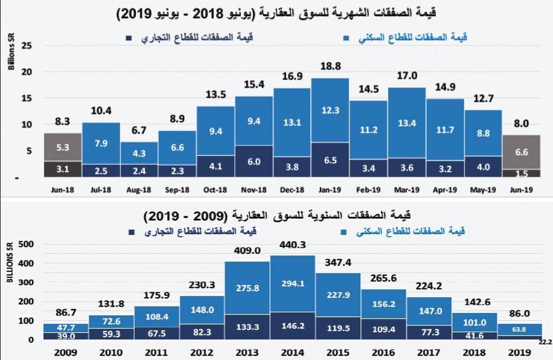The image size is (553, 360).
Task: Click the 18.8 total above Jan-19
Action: click(330, 67)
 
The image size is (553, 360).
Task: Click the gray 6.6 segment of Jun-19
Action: click(521, 153)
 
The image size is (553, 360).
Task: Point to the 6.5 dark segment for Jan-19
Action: click(330, 161)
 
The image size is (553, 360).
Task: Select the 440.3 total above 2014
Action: click(292, 245)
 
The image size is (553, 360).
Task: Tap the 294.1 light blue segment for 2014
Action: click(292, 284)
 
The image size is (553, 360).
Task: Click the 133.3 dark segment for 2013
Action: click(247, 327)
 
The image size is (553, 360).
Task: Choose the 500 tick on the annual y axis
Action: click(27, 245)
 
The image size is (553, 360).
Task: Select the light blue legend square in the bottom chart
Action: click(344, 232)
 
